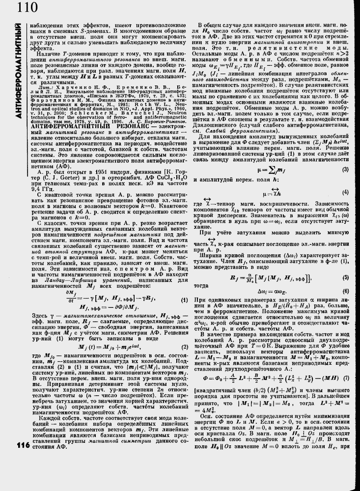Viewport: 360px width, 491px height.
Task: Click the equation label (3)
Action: coord(345,170)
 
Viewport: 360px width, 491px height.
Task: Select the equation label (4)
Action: coord(345,191)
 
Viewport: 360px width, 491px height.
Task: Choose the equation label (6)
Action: coord(345,291)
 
